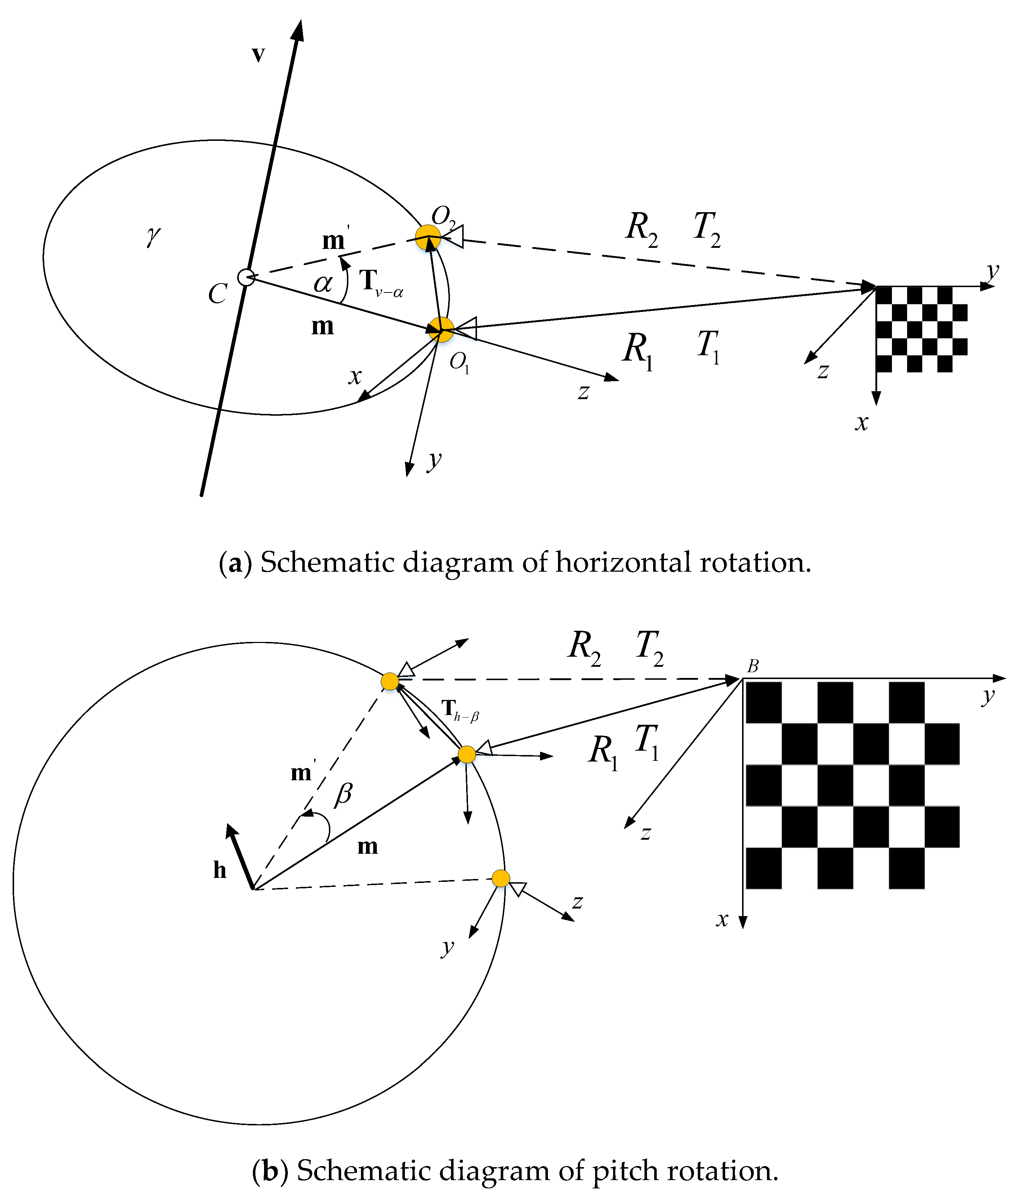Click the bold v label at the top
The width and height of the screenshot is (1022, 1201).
[258, 54]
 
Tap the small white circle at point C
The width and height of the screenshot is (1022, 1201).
[246, 277]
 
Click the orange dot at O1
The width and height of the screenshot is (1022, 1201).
[442, 330]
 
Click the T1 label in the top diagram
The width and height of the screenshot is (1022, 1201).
[708, 347]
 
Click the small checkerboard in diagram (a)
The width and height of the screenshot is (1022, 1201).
[921, 329]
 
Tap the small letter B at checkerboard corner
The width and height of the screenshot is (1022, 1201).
[753, 667]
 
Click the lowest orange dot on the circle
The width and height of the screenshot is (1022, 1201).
[501, 878]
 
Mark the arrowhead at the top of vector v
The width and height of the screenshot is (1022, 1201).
[298, 29]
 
